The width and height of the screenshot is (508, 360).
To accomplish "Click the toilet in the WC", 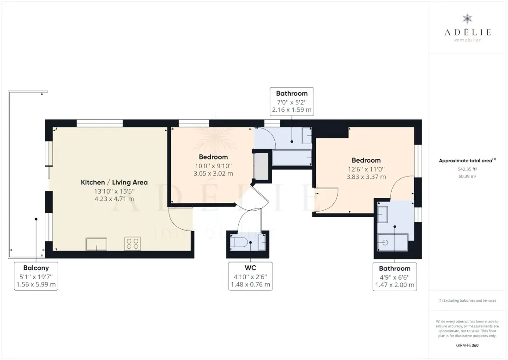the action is click(239, 243).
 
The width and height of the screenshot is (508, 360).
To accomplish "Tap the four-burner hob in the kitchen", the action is click(133, 244).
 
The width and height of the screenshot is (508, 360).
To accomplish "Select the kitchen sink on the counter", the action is click(96, 244).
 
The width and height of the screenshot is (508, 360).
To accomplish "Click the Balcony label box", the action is click(36, 276).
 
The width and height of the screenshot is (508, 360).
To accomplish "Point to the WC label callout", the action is click(250, 276).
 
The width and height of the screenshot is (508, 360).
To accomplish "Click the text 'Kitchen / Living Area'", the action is click(114, 182).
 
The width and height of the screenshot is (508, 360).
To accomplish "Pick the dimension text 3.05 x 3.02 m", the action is click(213, 173).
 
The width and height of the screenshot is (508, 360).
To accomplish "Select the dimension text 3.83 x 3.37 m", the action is click(366, 177).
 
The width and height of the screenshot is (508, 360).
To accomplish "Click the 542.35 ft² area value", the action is click(467, 169).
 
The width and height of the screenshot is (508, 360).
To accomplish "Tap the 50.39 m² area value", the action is click(467, 177).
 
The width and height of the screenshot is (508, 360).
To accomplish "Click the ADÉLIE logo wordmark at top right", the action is click(467, 32).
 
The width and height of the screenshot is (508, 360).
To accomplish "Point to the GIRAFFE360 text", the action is click(467, 345).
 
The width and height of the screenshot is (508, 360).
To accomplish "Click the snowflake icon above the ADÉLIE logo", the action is click(467, 18).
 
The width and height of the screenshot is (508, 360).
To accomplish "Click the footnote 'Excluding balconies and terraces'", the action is click(470, 301).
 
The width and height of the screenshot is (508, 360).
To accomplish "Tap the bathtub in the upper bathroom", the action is click(292, 158).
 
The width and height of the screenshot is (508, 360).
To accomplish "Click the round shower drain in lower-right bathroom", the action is click(385, 242).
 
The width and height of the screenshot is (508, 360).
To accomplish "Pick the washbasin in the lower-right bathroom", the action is click(383, 214).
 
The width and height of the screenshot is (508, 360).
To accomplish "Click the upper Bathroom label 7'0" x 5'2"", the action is click(292, 102).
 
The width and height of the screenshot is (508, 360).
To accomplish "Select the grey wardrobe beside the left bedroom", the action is click(261, 166).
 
